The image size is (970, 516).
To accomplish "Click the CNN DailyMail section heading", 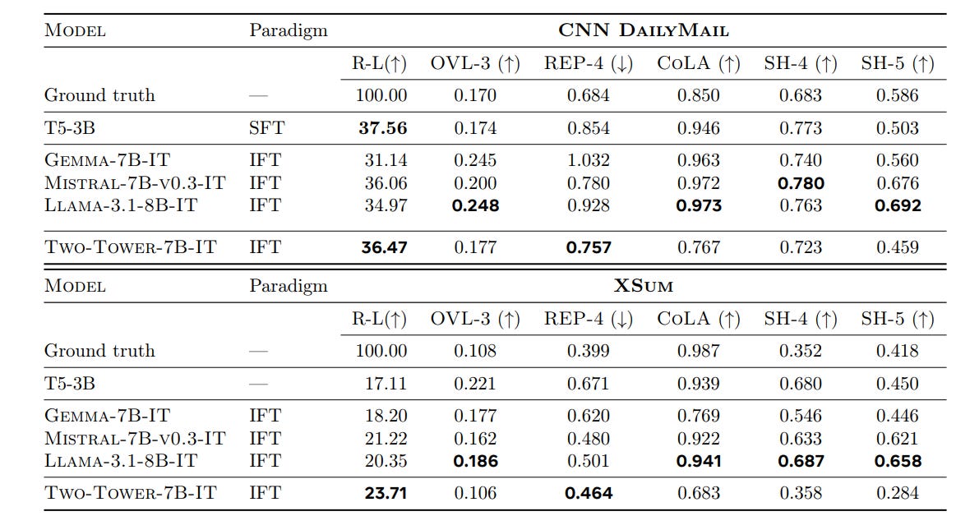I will coord(644,30).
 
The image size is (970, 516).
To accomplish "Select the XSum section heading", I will coord(644,286).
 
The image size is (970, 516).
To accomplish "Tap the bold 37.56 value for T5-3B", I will coord(383,128).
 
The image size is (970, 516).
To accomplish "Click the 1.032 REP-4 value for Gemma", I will coord(589,161).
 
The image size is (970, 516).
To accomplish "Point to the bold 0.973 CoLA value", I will coord(699,205).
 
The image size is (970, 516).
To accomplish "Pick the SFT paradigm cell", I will coord(265,128).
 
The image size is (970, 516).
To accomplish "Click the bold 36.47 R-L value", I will coord(383,247).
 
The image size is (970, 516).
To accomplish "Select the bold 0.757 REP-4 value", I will coord(589,247).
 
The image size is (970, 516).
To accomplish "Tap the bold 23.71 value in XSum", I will coord(383,494).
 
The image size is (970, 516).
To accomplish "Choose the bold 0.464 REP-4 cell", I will coord(589,494).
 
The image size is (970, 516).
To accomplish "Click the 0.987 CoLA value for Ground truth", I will coord(699,351).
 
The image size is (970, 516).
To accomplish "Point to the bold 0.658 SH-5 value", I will coord(898,461).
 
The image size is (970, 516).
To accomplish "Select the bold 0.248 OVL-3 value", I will coord(475,205).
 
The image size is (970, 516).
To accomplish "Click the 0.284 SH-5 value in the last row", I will coord(898,494).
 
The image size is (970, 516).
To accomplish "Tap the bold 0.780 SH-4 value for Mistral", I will coord(801,183).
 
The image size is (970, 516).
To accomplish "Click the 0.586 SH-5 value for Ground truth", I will coord(898,95).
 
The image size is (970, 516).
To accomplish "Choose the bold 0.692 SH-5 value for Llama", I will coord(898,205).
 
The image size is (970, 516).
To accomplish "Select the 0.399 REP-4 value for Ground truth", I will coord(589,351).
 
